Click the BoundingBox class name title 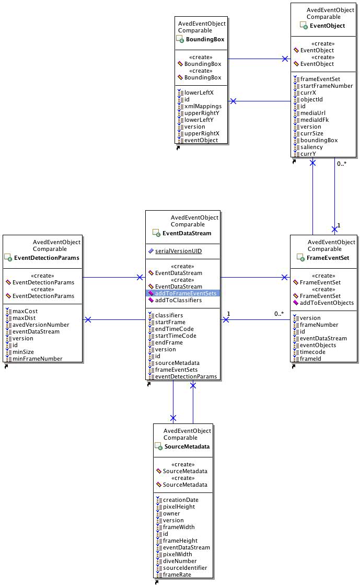[205, 39]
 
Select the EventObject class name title [327, 26]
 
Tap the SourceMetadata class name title [187, 446]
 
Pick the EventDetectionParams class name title [47, 258]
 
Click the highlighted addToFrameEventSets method [185, 293]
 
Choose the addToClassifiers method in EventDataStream [178, 300]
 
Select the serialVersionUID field [178, 251]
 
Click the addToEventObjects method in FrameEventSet [327, 303]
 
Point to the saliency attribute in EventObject [311, 147]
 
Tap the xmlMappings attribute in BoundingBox [203, 106]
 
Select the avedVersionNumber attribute [41, 325]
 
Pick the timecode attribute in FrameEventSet [312, 352]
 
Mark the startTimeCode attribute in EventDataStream [176, 336]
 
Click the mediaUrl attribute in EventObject [313, 113]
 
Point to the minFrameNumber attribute [38, 359]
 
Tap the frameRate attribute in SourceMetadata [177, 575]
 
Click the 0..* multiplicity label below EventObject [342, 164]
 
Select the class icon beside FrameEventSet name [300, 257]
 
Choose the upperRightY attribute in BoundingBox [202, 113]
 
